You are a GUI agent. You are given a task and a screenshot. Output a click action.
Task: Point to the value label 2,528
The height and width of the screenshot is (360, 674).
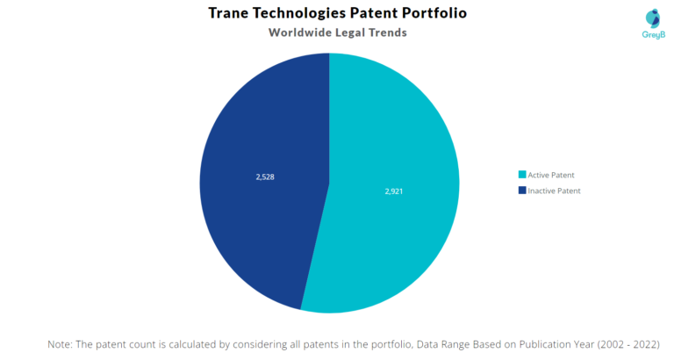[265, 176]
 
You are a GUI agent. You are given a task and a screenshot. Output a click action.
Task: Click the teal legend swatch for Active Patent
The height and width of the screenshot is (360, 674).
[521, 175]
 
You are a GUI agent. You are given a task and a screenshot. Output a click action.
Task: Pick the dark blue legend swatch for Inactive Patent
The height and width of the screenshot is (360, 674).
[521, 191]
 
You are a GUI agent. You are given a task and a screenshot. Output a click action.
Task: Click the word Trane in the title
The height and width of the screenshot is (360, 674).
[231, 13]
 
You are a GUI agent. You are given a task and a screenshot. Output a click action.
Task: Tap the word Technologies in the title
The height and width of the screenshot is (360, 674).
[308, 13]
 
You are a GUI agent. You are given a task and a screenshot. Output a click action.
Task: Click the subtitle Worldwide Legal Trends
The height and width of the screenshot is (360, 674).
[337, 33]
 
